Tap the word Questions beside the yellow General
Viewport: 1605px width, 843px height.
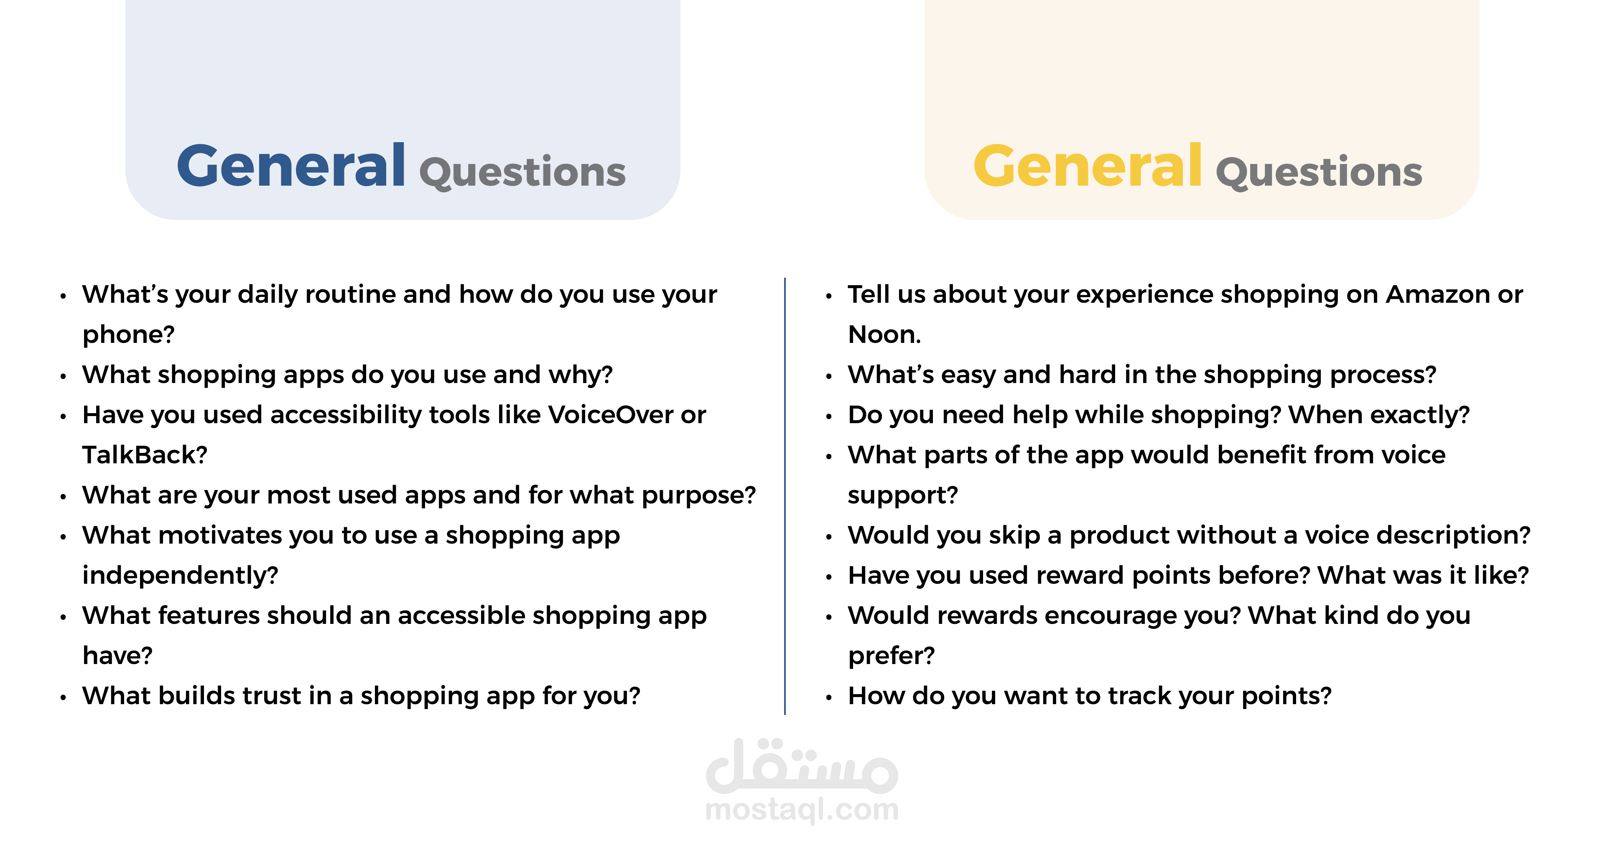(x=1319, y=173)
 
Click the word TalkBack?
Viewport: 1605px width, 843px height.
(x=145, y=455)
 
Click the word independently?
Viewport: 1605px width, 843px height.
(x=180, y=575)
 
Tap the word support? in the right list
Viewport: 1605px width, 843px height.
(x=903, y=496)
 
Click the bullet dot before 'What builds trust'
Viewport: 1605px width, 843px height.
(x=63, y=698)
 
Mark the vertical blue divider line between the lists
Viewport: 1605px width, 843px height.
(x=785, y=496)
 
